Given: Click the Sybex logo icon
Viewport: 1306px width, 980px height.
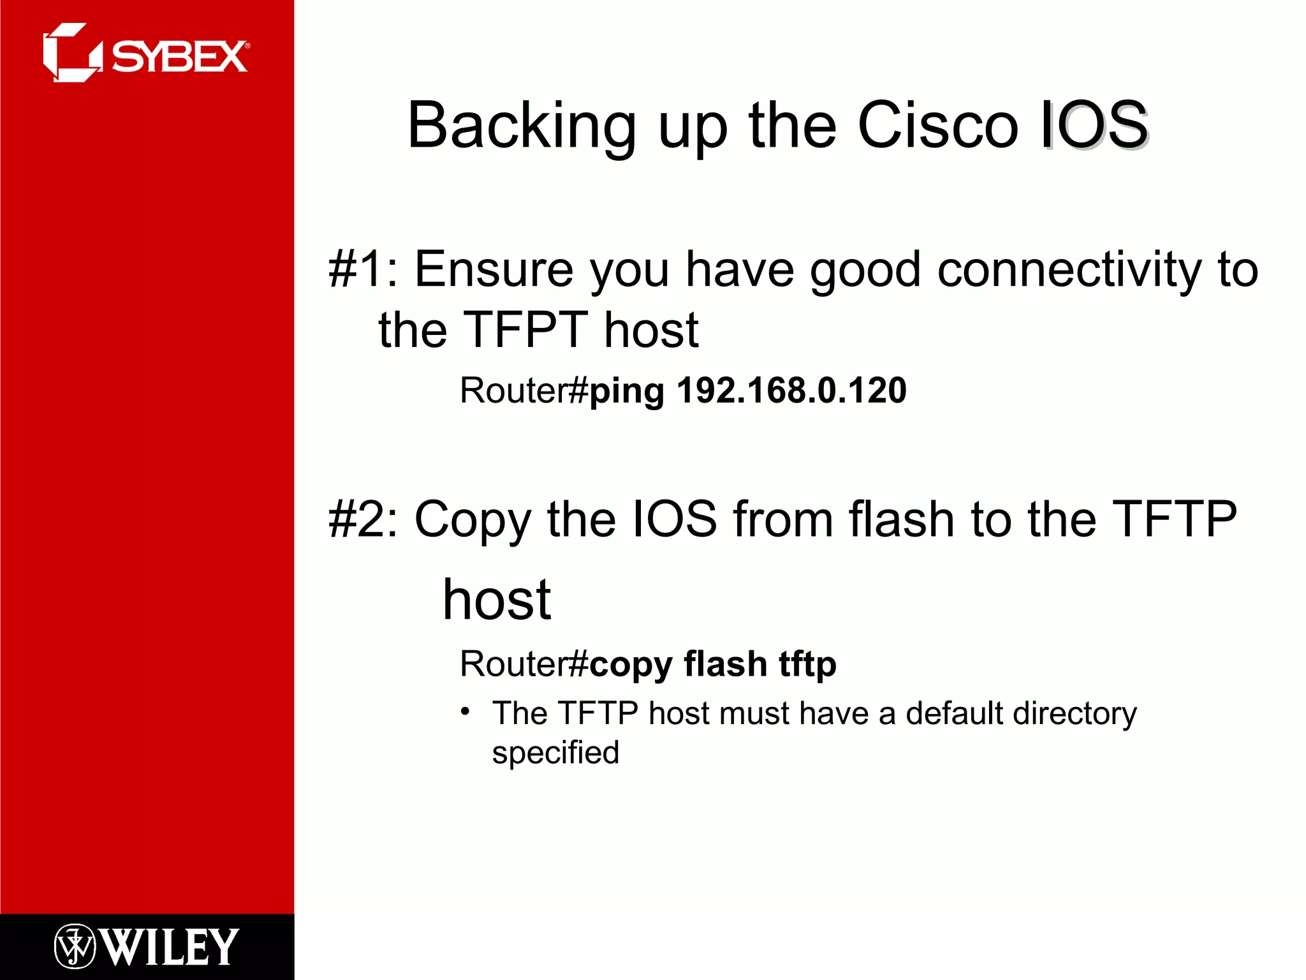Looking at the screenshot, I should (71, 53).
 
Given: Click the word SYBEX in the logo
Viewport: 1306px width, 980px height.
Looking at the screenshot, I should (180, 57).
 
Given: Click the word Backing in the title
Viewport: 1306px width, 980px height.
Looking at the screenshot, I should (521, 126).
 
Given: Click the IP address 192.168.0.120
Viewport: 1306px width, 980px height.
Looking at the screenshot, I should (791, 390).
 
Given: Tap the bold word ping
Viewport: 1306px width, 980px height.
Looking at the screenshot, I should (626, 392).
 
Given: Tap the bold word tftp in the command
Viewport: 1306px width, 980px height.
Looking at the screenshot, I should (807, 665).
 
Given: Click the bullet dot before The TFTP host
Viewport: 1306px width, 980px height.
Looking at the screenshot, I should (466, 711).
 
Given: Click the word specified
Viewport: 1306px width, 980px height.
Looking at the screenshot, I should (555, 753).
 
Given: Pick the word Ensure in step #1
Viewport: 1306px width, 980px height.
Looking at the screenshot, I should (494, 269).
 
